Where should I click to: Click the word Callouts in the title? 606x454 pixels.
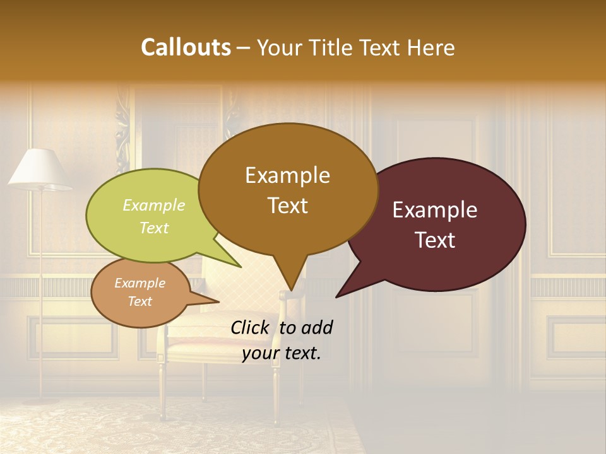[x=186, y=47]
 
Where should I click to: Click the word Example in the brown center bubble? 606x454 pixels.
[x=287, y=175]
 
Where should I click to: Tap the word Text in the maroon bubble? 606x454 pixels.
[x=435, y=240]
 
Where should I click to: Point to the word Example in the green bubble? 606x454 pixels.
[x=154, y=205]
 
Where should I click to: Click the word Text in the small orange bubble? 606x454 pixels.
[x=140, y=301]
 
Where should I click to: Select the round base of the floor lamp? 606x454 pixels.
[x=41, y=400]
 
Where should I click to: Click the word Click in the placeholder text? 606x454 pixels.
[x=250, y=327]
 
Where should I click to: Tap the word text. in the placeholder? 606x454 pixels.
[x=300, y=353]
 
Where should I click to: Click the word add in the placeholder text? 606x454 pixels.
[x=318, y=327]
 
